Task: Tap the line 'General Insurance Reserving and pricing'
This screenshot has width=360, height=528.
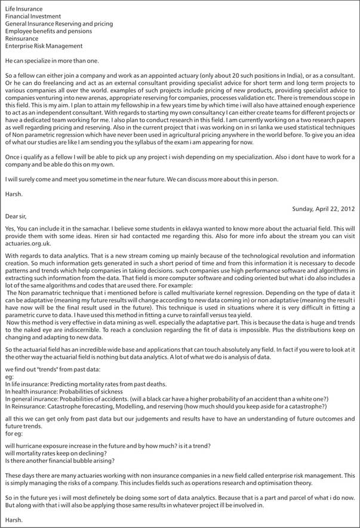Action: [59, 24]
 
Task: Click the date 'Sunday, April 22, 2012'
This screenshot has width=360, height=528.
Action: [323, 208]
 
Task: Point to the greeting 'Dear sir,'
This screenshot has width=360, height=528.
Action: [16, 216]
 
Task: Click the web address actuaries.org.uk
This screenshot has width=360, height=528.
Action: [27, 242]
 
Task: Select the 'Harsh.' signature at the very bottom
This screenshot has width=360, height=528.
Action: [13, 521]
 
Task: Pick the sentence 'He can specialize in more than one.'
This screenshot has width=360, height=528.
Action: [52, 60]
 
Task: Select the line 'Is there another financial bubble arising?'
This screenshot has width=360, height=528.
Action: [60, 460]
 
